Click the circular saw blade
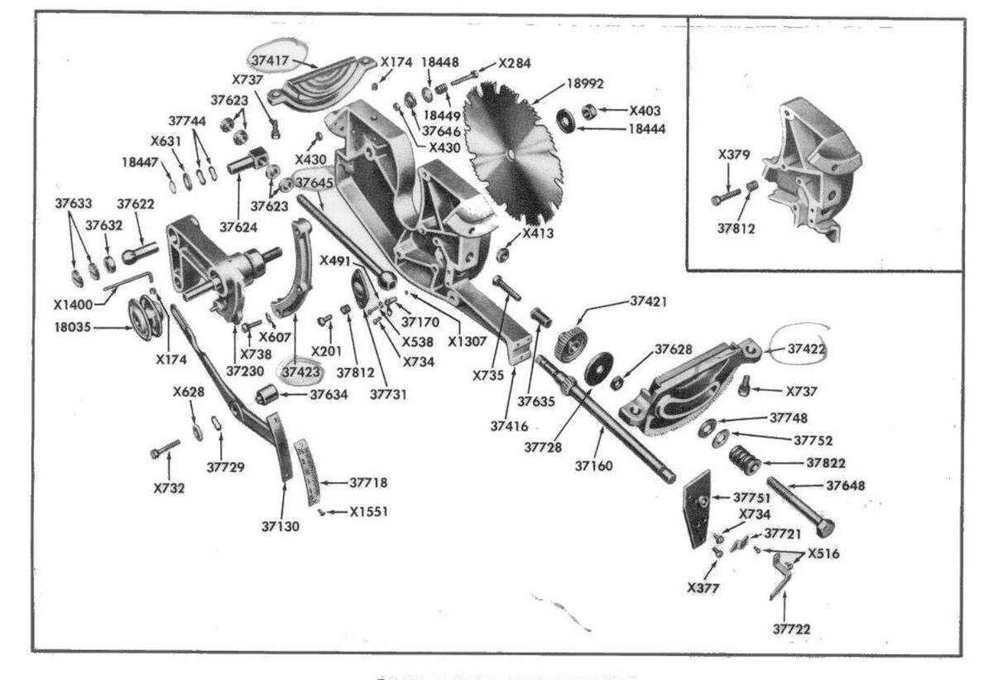pyautogui.click(x=515, y=157)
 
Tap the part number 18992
pyautogui.click(x=585, y=84)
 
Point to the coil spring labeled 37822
pyautogui.click(x=744, y=460)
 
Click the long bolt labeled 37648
pyautogui.click(x=799, y=504)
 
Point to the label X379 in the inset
pyautogui.click(x=734, y=155)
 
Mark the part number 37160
pyautogui.click(x=593, y=465)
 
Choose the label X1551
pyautogui.click(x=368, y=512)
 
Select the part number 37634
pyautogui.click(x=329, y=395)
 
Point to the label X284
pyautogui.click(x=514, y=63)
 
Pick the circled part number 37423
pyautogui.click(x=300, y=372)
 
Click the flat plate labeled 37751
pyautogui.click(x=698, y=508)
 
